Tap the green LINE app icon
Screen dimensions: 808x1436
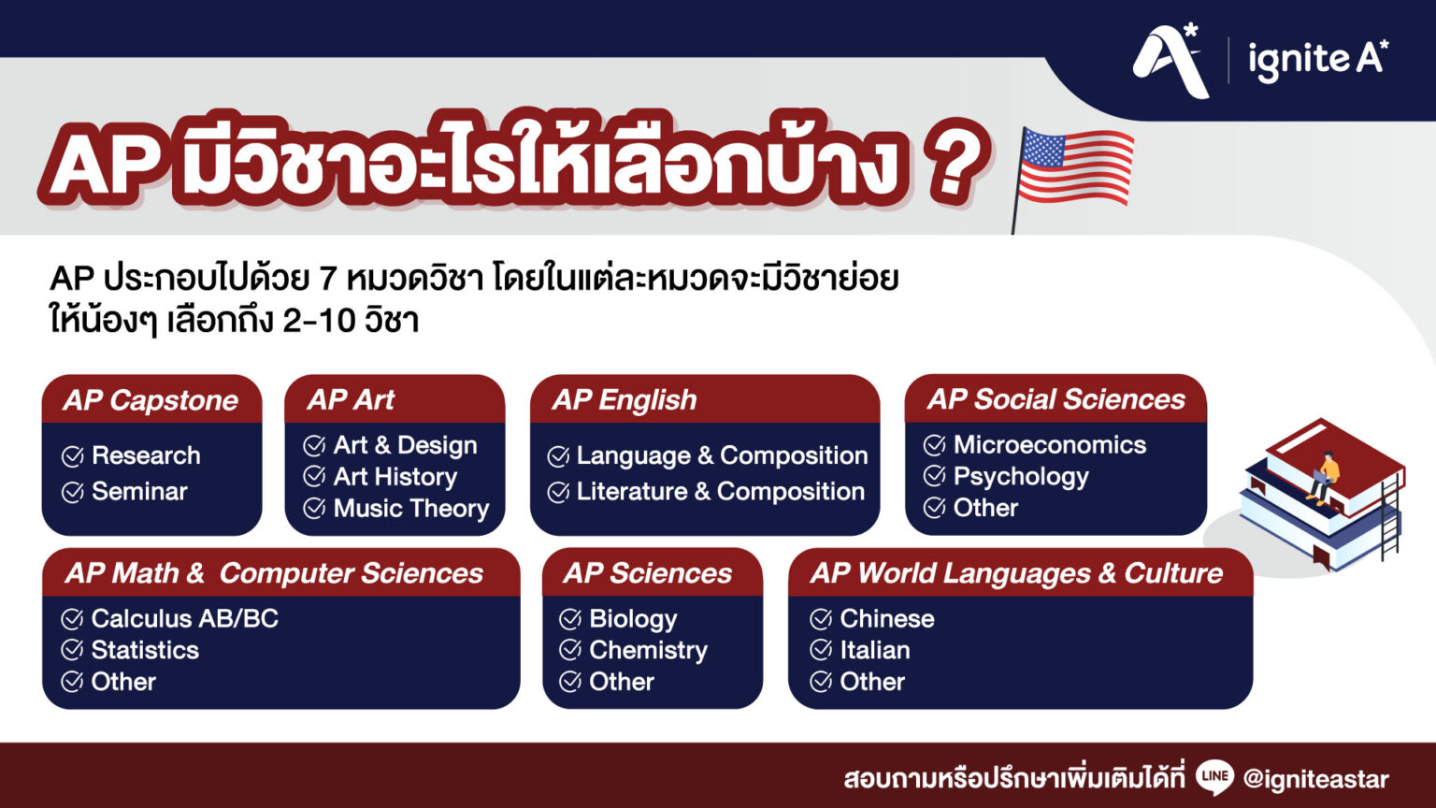pos(1214,777)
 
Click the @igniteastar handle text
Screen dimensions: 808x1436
pos(1315,779)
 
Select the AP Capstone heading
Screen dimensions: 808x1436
pos(151,400)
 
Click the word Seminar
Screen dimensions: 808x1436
pos(139,491)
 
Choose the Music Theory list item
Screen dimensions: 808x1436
pos(411,508)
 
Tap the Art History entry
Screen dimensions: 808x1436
pos(395,477)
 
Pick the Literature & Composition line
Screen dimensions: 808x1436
pos(720,491)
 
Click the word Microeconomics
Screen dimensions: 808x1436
pos(1049,445)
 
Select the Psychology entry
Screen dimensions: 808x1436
pos(1021,477)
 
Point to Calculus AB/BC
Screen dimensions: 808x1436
pos(184,618)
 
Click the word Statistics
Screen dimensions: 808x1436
pos(145,650)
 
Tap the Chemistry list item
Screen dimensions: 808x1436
pos(648,650)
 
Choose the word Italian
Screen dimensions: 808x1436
pos(874,650)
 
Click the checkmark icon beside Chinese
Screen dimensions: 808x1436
pos(821,619)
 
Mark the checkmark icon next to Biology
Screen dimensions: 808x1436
pos(570,619)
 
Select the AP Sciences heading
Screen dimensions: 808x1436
pos(648,573)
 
